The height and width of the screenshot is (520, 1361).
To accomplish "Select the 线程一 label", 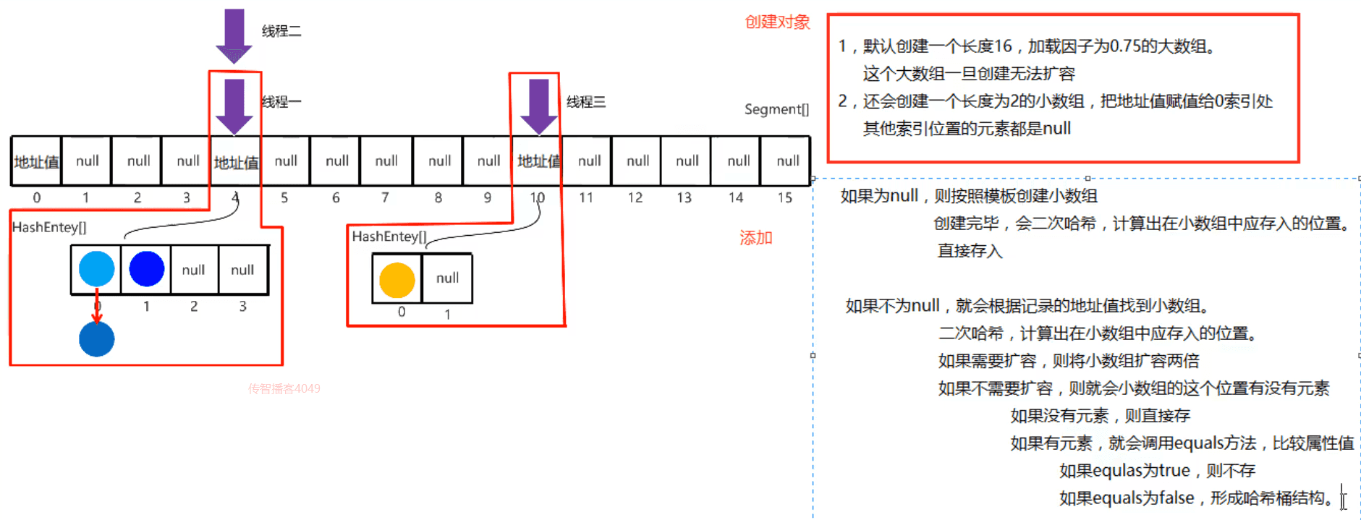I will click(281, 102).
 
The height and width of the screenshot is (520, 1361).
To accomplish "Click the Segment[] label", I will click(776, 109).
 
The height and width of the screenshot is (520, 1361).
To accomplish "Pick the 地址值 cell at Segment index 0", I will click(36, 161).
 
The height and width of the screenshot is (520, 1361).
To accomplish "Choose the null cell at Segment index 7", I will click(386, 161).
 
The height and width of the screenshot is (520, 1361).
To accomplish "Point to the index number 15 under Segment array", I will click(784, 197).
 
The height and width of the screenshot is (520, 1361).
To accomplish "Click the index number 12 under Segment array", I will click(635, 197).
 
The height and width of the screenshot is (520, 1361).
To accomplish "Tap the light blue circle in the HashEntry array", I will click(96, 269).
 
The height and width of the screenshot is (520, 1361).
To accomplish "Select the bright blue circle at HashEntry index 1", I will click(146, 269).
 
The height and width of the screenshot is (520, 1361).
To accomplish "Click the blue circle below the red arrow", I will click(96, 339).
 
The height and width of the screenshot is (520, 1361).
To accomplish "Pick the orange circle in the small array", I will click(397, 280).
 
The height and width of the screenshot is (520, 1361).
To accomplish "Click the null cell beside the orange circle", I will click(447, 278).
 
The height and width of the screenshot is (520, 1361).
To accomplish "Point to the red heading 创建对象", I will click(777, 22).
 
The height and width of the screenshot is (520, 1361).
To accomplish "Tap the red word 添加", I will click(755, 238).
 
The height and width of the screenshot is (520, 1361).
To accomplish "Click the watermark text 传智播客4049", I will click(284, 389).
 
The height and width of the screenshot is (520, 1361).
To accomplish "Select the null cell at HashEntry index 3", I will click(242, 270).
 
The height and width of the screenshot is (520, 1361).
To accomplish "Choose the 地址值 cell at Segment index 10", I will click(538, 161).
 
